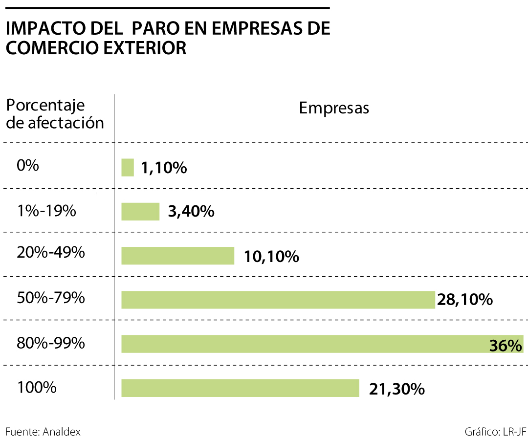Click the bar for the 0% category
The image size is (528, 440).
point(127,167)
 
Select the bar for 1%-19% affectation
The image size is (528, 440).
point(140,211)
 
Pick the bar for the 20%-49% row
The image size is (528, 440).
point(177,256)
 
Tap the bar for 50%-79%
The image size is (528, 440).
point(278,300)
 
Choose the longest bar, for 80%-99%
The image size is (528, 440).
point(303,344)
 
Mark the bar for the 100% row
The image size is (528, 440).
point(240,388)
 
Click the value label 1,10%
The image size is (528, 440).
point(164,168)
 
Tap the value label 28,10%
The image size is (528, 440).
point(464,300)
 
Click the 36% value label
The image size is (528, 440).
point(506,346)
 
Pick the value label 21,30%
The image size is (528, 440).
point(396,389)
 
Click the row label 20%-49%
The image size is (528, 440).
point(51,253)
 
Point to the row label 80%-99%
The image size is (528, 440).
point(51,343)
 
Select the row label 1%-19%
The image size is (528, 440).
point(46,211)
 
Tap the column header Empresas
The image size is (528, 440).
point(334,108)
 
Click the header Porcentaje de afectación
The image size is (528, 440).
point(55,114)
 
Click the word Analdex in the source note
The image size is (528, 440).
point(62,432)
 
